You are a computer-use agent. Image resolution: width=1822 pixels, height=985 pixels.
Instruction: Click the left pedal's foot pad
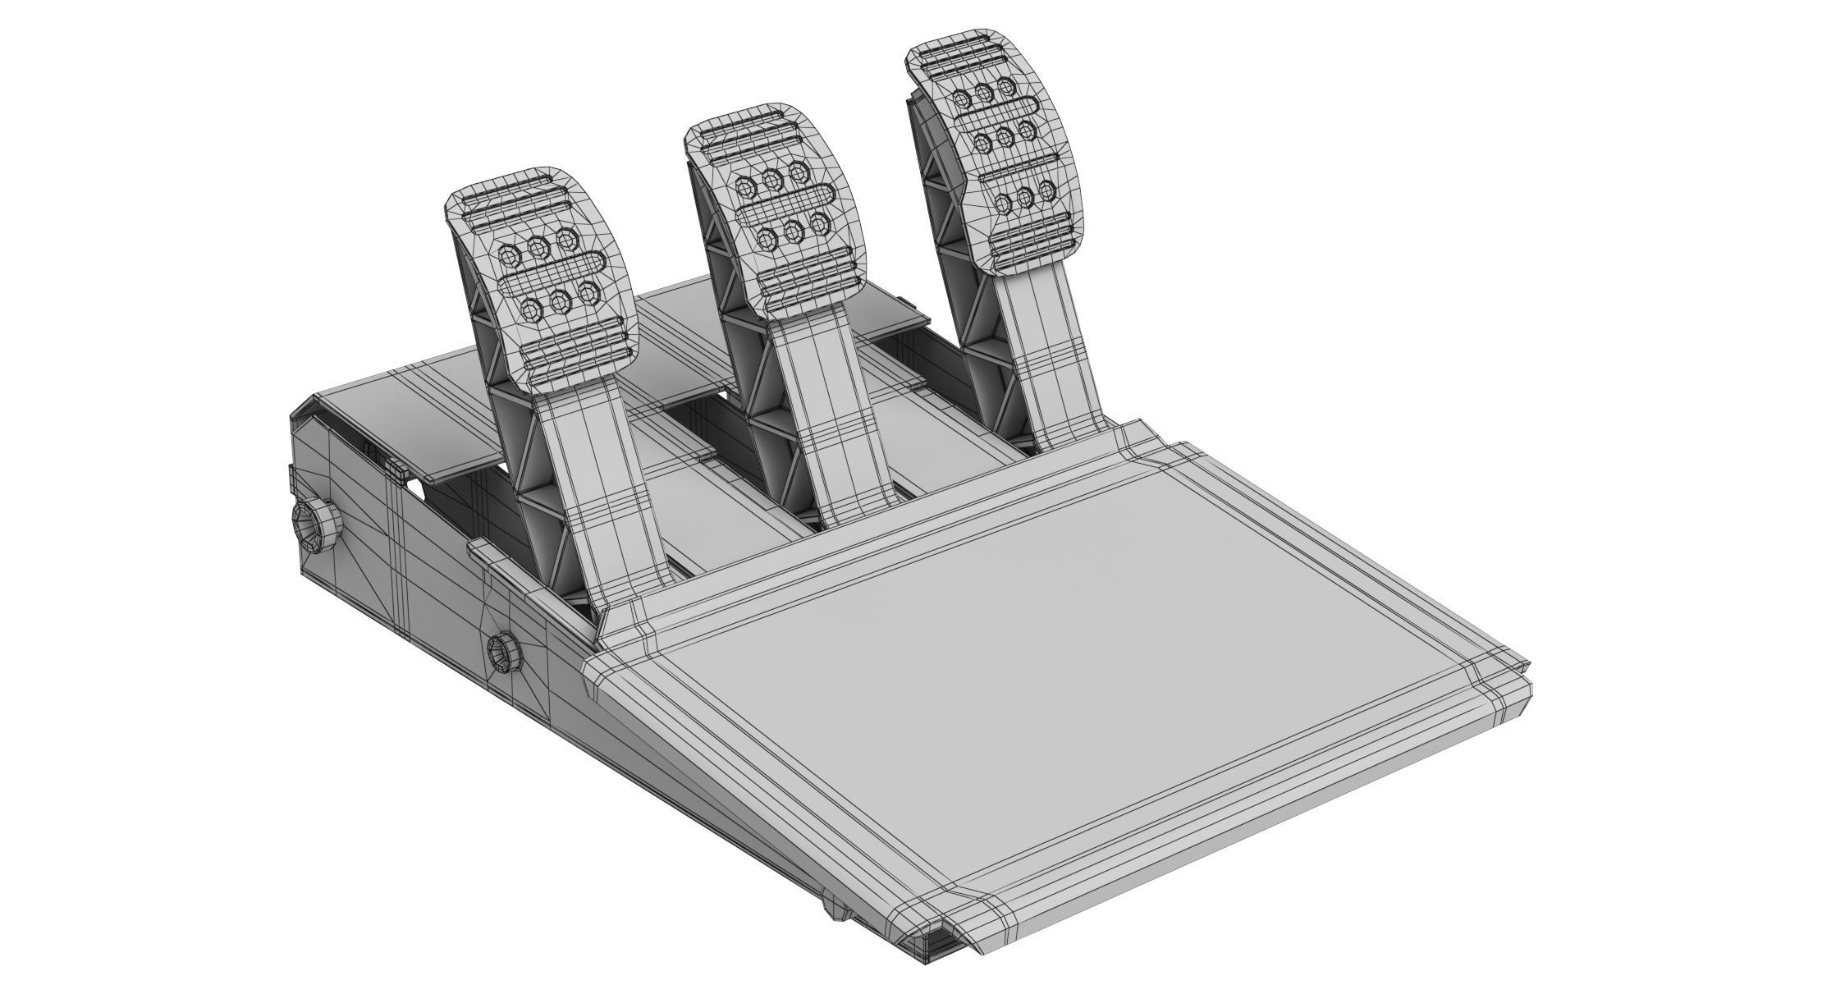coord(542,287)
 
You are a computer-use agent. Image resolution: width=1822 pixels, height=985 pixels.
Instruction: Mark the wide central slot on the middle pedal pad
coord(784,205)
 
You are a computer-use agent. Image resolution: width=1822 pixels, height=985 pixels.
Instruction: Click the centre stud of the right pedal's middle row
coord(1003,133)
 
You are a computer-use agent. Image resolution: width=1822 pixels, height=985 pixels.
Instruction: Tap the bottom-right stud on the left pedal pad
coord(588,291)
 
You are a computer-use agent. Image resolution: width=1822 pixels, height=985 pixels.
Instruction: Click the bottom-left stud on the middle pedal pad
coord(767,239)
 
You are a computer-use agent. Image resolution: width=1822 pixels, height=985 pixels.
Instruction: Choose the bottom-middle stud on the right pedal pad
coord(1025,197)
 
